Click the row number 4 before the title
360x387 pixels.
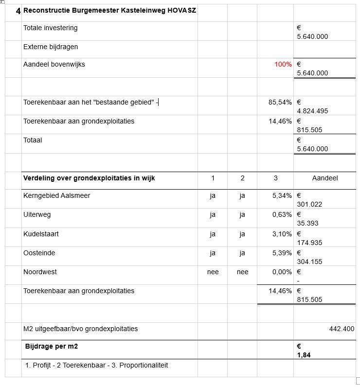[x=18, y=10]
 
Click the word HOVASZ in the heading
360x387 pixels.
[x=181, y=10]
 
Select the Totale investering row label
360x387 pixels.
[x=50, y=28]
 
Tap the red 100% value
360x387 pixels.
[x=283, y=64]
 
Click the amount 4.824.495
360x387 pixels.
[x=312, y=111]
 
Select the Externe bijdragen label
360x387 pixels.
[x=51, y=47]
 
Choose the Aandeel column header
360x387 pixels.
[x=324, y=178]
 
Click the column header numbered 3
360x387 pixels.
[x=275, y=178]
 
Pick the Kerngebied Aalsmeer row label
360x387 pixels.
[x=56, y=195]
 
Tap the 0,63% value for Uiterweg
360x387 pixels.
[x=282, y=214]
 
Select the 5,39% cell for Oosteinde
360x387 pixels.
[x=282, y=253]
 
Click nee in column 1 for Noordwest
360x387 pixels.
[x=213, y=272]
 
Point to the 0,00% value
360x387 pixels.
[x=282, y=272]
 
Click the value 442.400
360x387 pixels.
[x=342, y=329]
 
